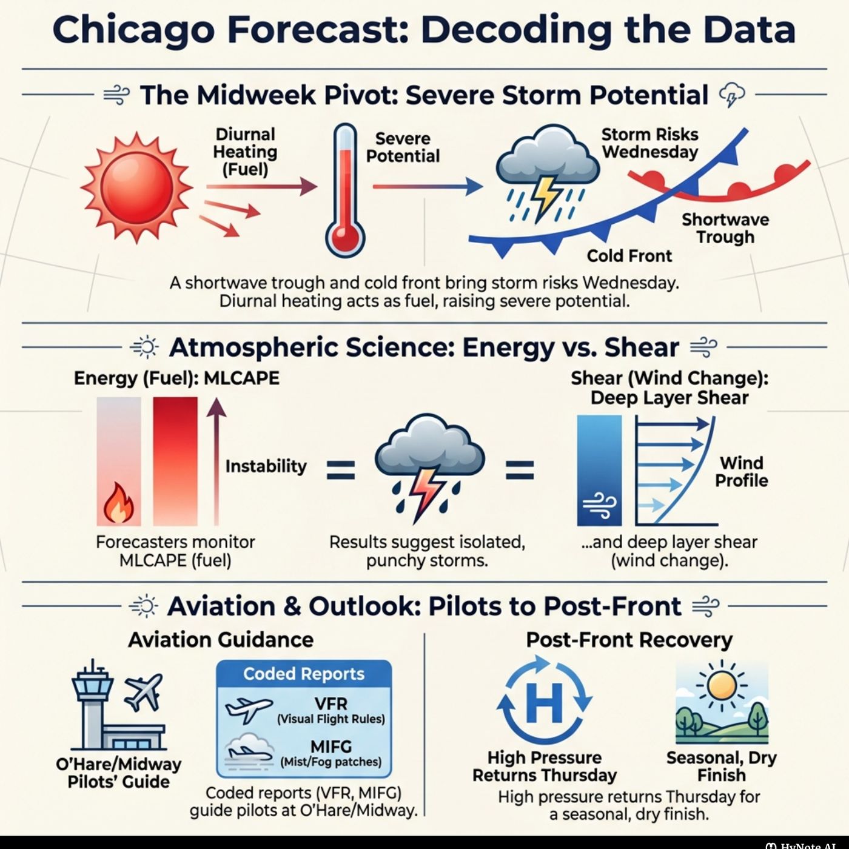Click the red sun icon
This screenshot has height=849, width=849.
136,186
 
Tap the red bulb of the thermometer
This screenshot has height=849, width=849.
345,238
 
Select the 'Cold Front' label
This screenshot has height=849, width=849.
629,255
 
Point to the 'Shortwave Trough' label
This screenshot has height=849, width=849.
725,228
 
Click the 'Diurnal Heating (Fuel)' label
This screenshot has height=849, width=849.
246,152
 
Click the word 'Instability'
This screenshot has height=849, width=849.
266,466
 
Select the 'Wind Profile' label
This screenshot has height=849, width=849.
741,471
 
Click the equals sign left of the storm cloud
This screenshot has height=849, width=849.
341,469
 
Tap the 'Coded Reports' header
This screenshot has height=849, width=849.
304,674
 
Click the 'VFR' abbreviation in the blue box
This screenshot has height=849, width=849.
331,703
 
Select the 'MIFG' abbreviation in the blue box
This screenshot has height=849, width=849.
331,747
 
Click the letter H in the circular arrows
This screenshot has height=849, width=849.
544,703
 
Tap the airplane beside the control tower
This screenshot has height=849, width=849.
144,692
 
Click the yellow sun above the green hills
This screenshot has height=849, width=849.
721,686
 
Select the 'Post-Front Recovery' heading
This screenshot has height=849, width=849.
629,640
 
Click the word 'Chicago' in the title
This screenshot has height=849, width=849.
133,30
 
